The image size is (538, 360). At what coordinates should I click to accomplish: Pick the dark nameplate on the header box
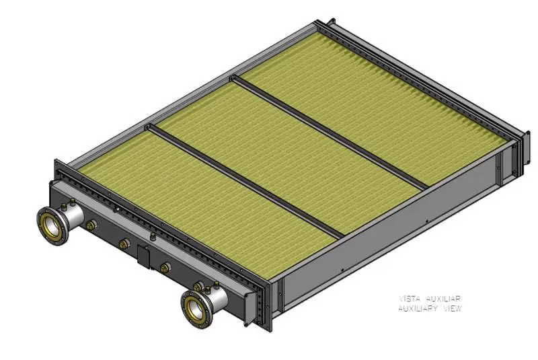click(x=143, y=256)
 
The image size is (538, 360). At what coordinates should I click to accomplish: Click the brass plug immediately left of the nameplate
click(x=124, y=243)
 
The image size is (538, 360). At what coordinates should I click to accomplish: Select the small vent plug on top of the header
click(x=153, y=237)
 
